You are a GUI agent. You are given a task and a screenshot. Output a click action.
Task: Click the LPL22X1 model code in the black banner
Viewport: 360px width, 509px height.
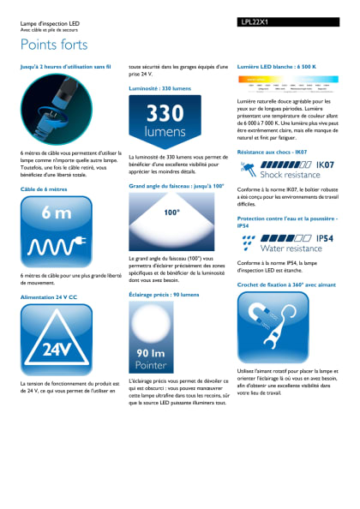pos(257,22)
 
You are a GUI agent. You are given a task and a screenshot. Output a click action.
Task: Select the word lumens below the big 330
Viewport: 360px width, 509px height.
pos(165,133)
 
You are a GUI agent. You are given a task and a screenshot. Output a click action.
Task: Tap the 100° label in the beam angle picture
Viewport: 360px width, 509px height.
pos(171,212)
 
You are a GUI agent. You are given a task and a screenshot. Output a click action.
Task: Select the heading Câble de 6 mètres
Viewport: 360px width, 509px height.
pos(44,188)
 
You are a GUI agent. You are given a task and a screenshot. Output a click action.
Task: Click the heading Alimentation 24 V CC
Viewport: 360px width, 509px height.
pos(49,296)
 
